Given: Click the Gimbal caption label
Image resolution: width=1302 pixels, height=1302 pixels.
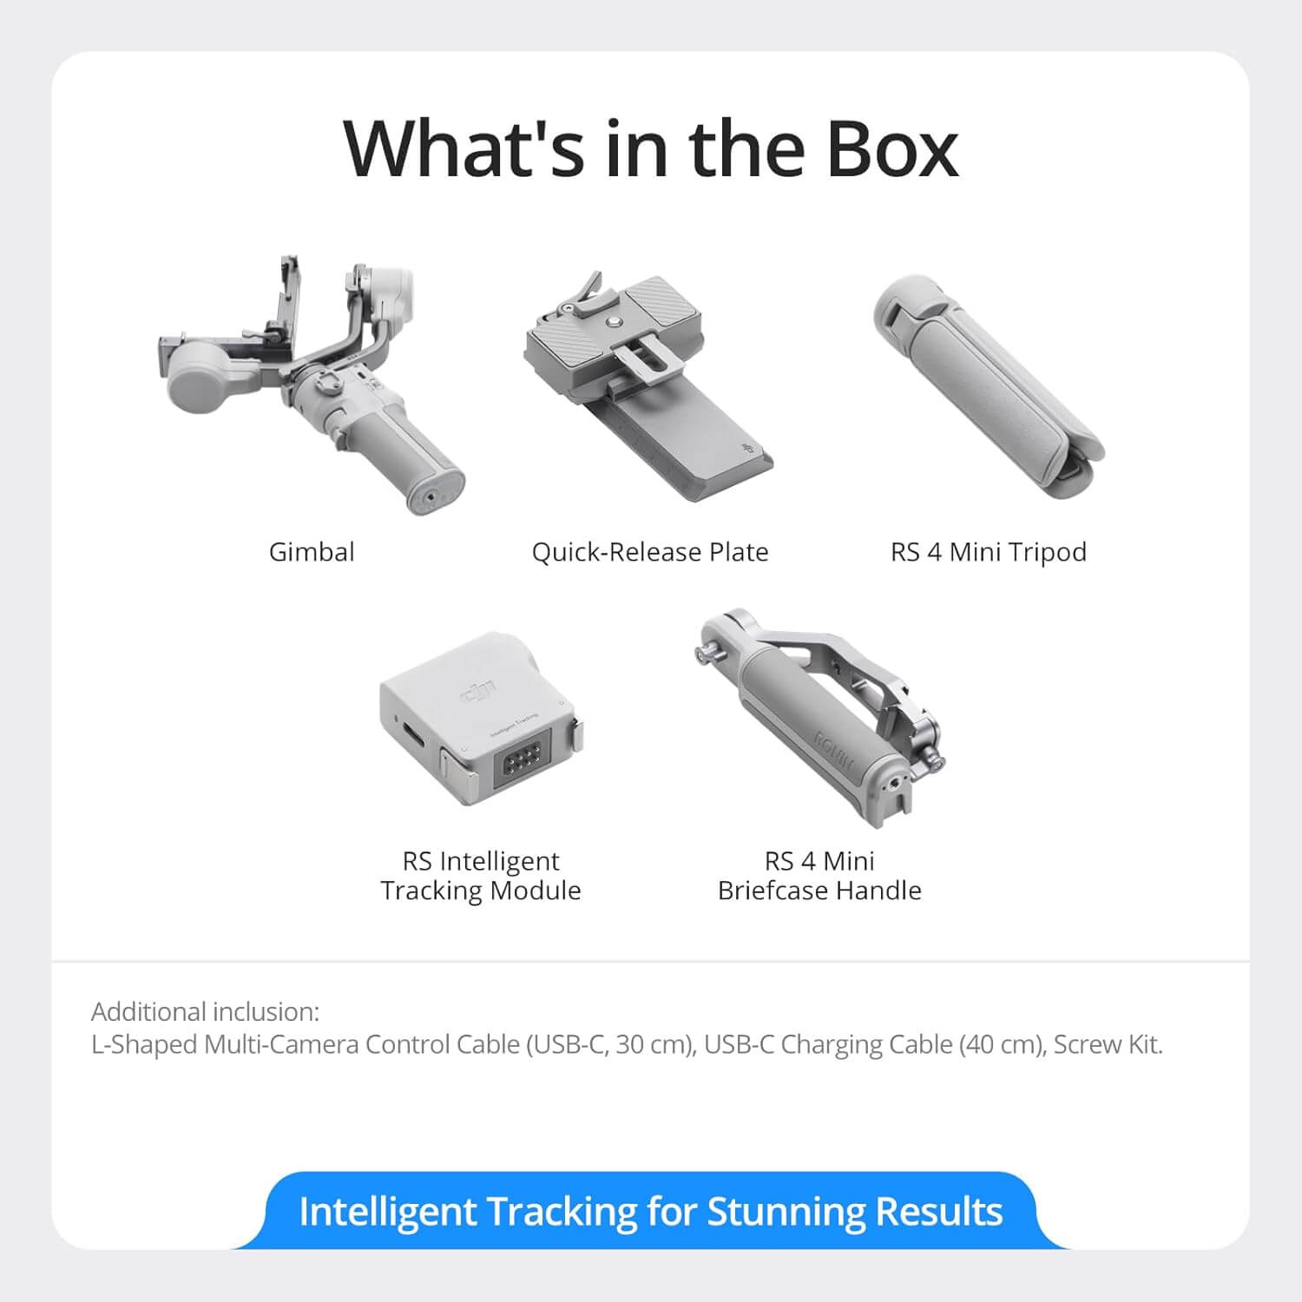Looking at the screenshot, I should pos(312,552).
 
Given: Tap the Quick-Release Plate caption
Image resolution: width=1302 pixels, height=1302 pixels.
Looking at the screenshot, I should pos(650,552).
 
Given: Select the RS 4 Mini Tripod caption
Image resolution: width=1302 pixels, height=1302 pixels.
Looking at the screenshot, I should pos(988,552).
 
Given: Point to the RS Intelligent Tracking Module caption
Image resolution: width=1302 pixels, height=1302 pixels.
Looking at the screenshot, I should pos(481,876).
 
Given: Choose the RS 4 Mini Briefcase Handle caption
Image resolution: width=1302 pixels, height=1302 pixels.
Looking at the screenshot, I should pos(819,876).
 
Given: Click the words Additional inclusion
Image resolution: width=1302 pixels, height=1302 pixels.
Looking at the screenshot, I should pos(206,1012).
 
